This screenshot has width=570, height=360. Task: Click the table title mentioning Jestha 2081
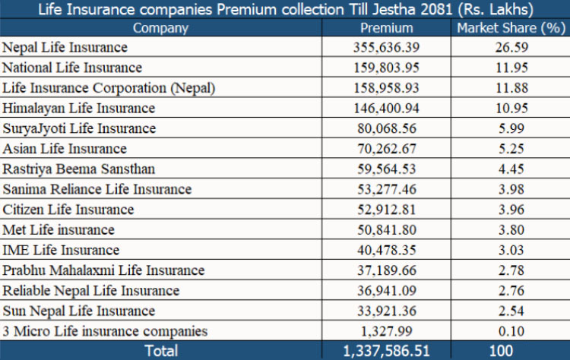tap(284, 10)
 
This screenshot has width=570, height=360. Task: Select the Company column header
tap(160, 28)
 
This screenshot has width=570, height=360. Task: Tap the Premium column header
tap(386, 28)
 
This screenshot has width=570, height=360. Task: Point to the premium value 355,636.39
tap(387, 47)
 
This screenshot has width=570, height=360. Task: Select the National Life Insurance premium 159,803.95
tap(387, 68)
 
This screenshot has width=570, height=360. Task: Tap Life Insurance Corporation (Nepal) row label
tap(109, 87)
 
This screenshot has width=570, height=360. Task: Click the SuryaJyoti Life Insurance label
tap(79, 128)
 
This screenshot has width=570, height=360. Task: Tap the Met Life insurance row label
tap(59, 229)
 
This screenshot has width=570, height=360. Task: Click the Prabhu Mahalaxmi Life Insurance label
tap(103, 270)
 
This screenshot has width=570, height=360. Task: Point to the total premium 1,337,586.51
tap(386, 350)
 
